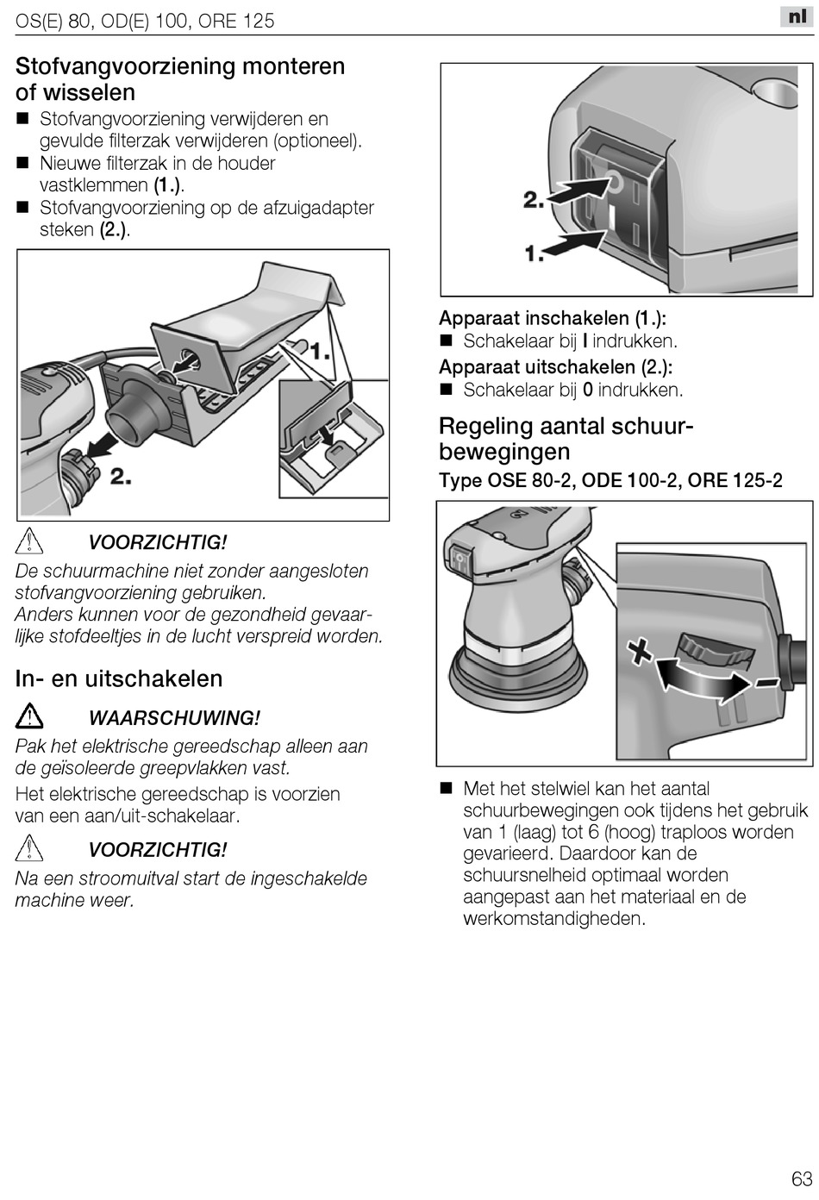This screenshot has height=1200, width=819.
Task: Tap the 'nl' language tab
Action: [797, 17]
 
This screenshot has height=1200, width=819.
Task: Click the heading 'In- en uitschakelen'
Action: [119, 678]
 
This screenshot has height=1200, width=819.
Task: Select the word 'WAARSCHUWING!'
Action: [174, 717]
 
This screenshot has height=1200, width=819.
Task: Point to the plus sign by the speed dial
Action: [640, 651]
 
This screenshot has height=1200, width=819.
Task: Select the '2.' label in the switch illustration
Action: [534, 200]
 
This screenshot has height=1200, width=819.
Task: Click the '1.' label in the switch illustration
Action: [535, 253]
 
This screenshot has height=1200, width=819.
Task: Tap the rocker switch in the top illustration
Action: [619, 203]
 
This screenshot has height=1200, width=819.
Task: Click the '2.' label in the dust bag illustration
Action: [121, 475]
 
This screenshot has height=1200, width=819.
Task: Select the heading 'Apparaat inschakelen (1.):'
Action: [553, 318]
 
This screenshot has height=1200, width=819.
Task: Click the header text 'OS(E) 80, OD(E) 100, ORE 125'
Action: [145, 21]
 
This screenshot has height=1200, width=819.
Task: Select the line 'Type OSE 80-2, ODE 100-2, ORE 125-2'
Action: [610, 480]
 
